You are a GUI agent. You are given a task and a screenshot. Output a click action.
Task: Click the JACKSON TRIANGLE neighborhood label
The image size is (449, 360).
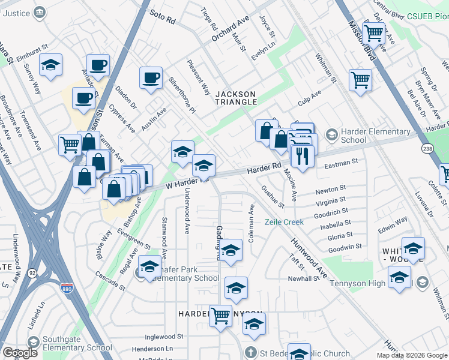(236, 98)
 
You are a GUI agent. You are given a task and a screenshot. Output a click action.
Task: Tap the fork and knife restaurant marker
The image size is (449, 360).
(302, 157)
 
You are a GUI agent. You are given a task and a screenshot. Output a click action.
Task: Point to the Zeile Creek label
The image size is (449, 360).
(285, 222)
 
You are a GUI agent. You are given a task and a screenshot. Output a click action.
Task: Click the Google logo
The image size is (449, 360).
(20, 353)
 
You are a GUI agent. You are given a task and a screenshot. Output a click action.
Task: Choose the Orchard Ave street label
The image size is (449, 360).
(230, 29)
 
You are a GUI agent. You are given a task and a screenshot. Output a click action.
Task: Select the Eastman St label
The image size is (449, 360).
(341, 162)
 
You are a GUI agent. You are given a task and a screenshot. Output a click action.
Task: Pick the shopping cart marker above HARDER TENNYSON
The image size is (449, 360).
(220, 314)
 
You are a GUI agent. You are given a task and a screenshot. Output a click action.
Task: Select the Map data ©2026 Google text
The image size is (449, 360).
(412, 355)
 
